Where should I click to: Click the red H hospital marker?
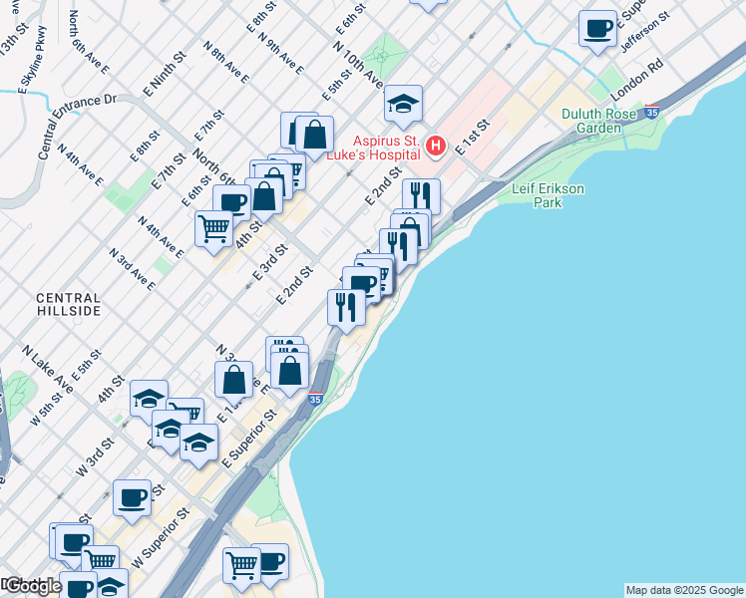point(435,147)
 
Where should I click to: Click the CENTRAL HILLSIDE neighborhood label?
point(68,304)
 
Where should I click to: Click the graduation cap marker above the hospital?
point(404,104)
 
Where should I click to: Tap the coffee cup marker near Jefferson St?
point(597,28)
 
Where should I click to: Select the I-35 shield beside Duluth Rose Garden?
point(652,112)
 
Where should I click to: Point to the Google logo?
point(32,586)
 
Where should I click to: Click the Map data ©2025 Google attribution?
point(684,590)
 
